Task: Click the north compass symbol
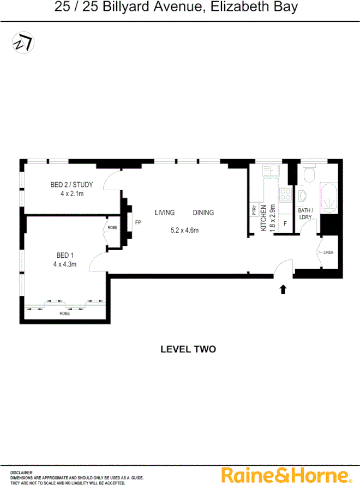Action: pyautogui.click(x=22, y=43)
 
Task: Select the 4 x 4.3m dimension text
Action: pyautogui.click(x=64, y=264)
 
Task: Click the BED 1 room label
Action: pyautogui.click(x=65, y=255)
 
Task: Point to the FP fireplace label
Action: pyautogui.click(x=138, y=222)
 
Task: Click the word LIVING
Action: pyautogui.click(x=164, y=213)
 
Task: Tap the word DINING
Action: pyautogui.click(x=203, y=213)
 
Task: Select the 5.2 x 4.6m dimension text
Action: pyautogui.click(x=184, y=230)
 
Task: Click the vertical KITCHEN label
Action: pyautogui.click(x=263, y=219)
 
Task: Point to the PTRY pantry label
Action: pyautogui.click(x=254, y=210)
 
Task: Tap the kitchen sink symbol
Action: pyautogui.click(x=271, y=172)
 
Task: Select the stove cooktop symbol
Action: pyautogui.click(x=284, y=195)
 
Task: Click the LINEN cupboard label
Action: pyautogui.click(x=328, y=252)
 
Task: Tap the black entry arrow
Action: pyautogui.click(x=283, y=289)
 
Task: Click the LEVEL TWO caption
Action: pyautogui.click(x=188, y=349)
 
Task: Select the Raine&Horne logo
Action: pyautogui.click(x=283, y=474)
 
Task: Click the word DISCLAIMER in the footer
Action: pyautogui.click(x=21, y=472)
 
